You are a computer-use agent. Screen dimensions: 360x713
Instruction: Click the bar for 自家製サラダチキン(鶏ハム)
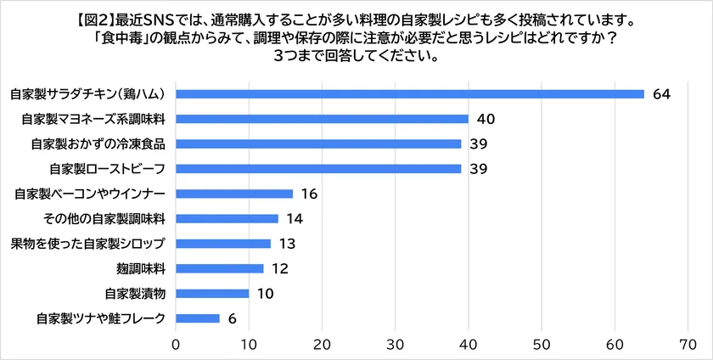coord(410,93)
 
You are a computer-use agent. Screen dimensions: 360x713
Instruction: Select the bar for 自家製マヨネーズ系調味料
coord(323,119)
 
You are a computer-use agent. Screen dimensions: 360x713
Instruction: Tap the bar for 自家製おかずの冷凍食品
coord(318,143)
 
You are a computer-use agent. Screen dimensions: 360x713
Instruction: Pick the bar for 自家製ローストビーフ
coord(318,169)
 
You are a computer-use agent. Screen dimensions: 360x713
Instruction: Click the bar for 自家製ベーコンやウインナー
coord(234,194)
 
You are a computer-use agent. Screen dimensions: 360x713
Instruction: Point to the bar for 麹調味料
coord(220,269)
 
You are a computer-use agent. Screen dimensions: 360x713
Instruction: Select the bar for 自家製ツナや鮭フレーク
coord(198,319)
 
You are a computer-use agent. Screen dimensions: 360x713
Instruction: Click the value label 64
coord(662,93)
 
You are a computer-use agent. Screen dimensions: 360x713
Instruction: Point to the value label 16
coord(309,194)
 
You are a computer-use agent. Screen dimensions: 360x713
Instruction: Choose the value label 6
coord(233,319)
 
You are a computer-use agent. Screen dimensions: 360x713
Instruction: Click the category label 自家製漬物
coord(134,295)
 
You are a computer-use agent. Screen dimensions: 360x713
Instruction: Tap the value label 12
coord(280,269)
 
